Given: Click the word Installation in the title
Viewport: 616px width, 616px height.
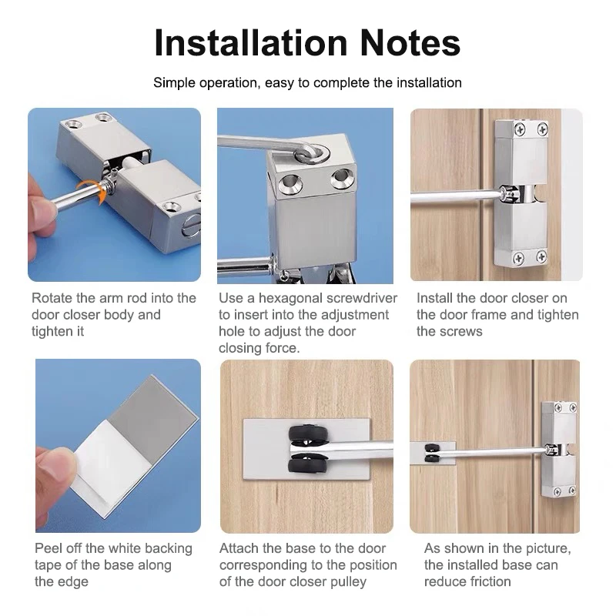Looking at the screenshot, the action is pyautogui.click(x=251, y=43).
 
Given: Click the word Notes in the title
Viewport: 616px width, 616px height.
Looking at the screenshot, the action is pyautogui.click(x=410, y=43).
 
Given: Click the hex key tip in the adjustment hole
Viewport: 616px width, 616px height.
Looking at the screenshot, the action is pyautogui.click(x=313, y=154).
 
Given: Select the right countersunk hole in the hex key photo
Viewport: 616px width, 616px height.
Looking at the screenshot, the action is pyautogui.click(x=340, y=179).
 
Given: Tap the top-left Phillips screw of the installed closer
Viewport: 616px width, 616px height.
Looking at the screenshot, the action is pyautogui.click(x=520, y=129).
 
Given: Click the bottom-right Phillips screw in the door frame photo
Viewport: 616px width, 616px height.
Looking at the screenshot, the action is pyautogui.click(x=541, y=257).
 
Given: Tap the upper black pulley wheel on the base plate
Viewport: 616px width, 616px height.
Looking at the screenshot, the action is pyautogui.click(x=309, y=434).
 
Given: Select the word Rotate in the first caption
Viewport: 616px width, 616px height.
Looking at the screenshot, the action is pyautogui.click(x=52, y=298).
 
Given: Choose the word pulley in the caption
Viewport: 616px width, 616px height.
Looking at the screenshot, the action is pyautogui.click(x=346, y=582).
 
